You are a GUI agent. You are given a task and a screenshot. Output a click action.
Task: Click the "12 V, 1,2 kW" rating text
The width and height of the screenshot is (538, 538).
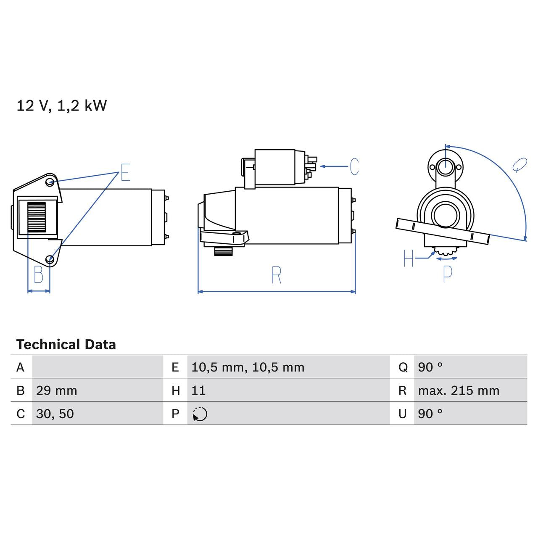61,105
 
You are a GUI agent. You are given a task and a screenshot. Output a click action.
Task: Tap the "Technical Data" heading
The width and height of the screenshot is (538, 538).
66,345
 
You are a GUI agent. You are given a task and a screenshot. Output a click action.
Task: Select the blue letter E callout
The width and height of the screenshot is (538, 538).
125,173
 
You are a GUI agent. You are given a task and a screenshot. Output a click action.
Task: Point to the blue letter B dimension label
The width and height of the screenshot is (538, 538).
39,275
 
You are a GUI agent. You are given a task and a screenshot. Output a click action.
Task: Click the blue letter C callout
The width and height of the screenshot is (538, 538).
354,166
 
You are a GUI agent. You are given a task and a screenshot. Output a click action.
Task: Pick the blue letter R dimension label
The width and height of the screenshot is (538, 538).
276,275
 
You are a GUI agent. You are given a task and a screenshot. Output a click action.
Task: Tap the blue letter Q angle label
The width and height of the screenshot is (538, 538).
520,165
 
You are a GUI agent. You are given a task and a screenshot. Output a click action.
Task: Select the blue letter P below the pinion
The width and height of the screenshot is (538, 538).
448,274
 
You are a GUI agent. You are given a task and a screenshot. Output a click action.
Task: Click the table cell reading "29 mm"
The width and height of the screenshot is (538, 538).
57,390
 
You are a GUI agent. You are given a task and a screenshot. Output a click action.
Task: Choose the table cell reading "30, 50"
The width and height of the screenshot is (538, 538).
55,414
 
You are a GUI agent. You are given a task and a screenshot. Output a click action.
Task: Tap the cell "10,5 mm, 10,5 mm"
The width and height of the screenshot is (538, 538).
248,367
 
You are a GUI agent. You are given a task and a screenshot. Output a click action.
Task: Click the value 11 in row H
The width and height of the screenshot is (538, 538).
198,390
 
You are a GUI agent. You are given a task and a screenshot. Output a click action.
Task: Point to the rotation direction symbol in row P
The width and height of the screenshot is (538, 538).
200,414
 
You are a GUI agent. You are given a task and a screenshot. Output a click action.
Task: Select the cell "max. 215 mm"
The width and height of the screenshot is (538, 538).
459,390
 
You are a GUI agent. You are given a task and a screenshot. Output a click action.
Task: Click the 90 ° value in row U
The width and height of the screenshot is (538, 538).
430,414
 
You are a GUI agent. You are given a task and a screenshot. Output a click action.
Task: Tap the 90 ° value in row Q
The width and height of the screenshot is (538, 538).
430,367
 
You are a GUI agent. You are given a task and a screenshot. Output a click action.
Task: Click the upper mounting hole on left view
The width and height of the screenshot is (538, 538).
50,182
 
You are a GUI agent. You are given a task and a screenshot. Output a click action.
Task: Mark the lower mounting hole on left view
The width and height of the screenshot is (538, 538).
50,259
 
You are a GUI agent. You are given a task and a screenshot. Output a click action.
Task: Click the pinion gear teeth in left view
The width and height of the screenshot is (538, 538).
36,217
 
